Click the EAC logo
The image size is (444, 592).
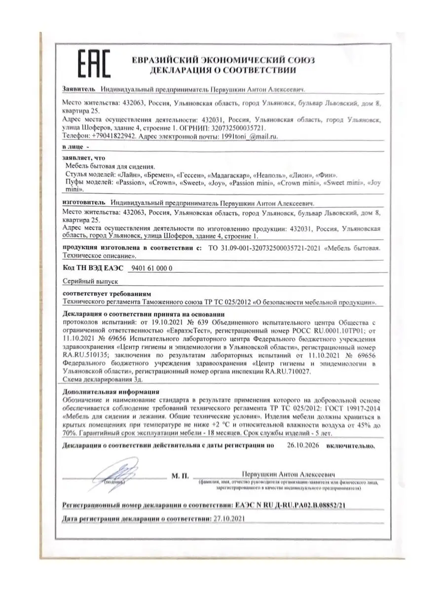93,64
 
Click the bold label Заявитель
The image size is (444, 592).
79,90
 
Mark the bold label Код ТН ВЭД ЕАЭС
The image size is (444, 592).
92,267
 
